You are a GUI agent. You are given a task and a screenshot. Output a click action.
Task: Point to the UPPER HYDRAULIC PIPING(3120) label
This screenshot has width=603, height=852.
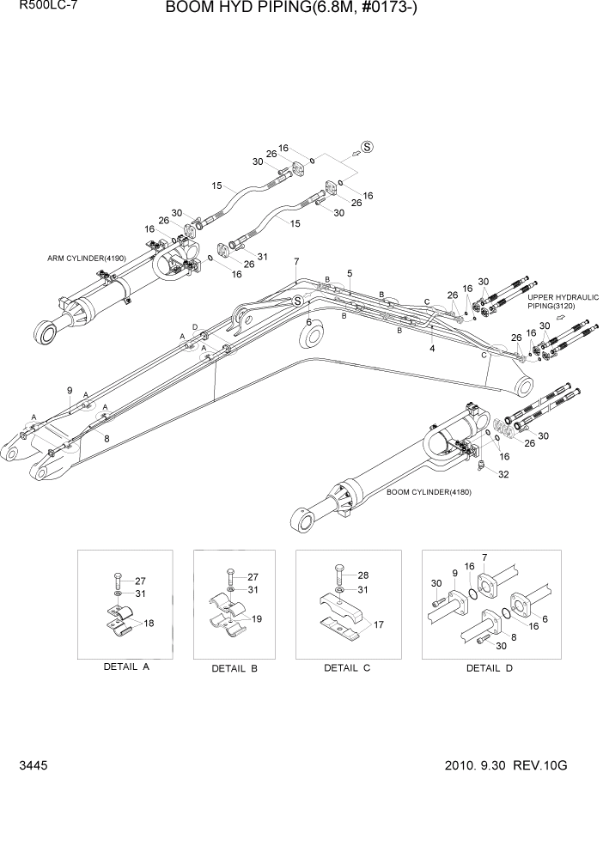tap(563, 301)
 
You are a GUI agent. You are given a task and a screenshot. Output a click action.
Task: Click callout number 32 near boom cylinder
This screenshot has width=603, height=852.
tap(502, 474)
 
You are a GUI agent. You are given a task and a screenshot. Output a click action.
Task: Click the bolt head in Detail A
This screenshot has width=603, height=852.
tap(117, 574)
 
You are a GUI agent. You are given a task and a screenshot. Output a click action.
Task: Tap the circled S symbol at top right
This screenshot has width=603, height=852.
tap(367, 147)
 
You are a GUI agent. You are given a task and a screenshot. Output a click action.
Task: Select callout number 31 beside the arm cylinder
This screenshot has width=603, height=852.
tap(262, 257)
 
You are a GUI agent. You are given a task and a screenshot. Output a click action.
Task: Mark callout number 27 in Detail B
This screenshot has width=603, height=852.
tap(253, 576)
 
